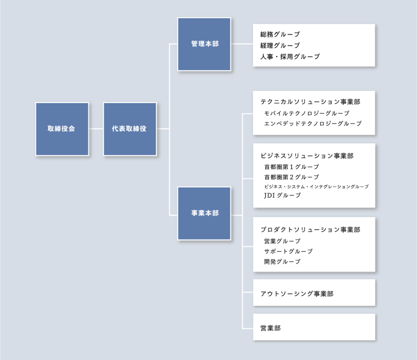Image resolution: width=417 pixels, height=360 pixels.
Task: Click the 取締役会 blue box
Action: click(x=62, y=129)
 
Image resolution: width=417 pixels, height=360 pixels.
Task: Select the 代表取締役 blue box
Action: click(x=130, y=129)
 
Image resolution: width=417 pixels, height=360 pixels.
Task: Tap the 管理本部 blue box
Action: click(x=204, y=44)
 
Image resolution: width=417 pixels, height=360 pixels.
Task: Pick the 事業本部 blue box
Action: click(x=204, y=213)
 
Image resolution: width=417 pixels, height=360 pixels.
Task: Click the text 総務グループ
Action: click(x=280, y=34)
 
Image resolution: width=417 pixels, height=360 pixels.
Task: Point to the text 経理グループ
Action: click(x=280, y=46)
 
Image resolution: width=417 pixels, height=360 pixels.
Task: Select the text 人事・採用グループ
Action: click(x=290, y=57)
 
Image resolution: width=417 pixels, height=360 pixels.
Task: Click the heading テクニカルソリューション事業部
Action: click(x=310, y=102)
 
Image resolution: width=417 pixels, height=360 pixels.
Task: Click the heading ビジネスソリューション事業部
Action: click(x=307, y=156)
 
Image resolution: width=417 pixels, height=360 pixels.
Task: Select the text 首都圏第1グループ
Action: click(x=292, y=167)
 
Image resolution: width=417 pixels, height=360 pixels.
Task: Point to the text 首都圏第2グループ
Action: click(x=292, y=177)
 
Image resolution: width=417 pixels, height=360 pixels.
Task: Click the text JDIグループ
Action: click(x=283, y=195)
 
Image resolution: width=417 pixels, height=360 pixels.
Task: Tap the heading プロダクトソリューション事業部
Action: click(x=310, y=230)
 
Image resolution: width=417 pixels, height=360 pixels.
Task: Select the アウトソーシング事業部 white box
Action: click(x=314, y=292)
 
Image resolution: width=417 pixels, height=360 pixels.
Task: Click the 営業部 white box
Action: click(x=314, y=327)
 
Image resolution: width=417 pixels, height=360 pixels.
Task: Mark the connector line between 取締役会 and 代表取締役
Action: click(x=96, y=129)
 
